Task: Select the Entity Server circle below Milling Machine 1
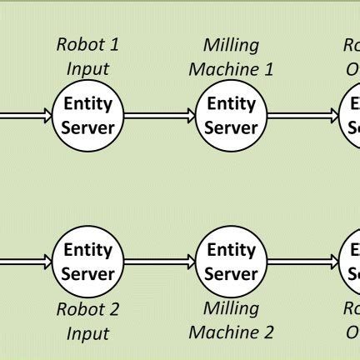[231, 116]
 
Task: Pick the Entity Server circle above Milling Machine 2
[231, 262]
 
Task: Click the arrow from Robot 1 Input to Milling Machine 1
[159, 117]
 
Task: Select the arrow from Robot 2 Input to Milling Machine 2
[159, 262]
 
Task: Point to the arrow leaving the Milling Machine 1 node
[302, 117]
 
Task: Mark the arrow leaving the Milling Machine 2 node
[302, 262]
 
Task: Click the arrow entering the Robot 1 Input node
[25, 117]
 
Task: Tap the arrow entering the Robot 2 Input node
[25, 262]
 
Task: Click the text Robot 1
[87, 45]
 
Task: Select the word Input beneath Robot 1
[87, 68]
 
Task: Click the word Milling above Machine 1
[231, 45]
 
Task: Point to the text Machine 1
[231, 68]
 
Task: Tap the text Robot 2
[87, 310]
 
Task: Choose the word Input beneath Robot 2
[87, 333]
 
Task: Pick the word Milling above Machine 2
[231, 309]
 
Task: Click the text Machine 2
[231, 332]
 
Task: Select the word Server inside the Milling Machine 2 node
[231, 273]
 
